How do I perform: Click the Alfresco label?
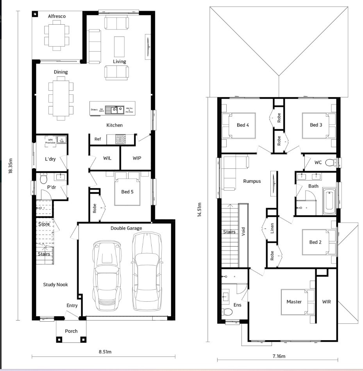point(57,16)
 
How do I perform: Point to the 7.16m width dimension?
point(278,356)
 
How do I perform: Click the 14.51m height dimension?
point(199,211)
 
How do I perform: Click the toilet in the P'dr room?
point(43,178)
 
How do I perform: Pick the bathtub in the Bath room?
point(329,202)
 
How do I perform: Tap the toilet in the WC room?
point(330,162)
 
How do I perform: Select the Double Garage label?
point(126,228)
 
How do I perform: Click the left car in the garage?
point(104,274)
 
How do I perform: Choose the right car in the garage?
point(147,270)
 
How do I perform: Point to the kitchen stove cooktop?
point(120,139)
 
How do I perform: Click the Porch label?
point(71,331)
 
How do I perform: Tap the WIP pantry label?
point(137,158)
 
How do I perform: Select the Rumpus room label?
point(252,181)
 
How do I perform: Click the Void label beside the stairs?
point(243,232)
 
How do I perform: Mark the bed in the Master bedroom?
point(298,302)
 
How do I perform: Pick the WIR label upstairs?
point(326,302)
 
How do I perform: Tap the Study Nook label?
point(55,285)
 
